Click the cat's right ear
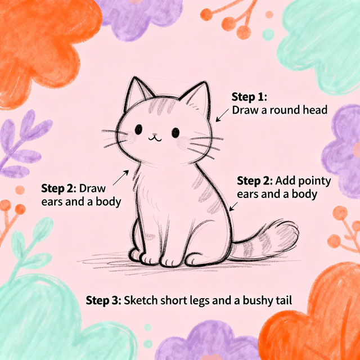pos(197,99)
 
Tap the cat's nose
pos(155,134)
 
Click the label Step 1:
pos(249,97)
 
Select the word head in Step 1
pos(315,110)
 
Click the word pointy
pos(315,182)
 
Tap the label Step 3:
pos(103,300)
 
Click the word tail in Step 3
pos(283,300)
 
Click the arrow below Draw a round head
pos(222,115)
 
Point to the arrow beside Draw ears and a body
pos(121,178)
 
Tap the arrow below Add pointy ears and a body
pos(233,206)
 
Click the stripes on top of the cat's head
pos(161,106)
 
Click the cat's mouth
pos(155,138)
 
